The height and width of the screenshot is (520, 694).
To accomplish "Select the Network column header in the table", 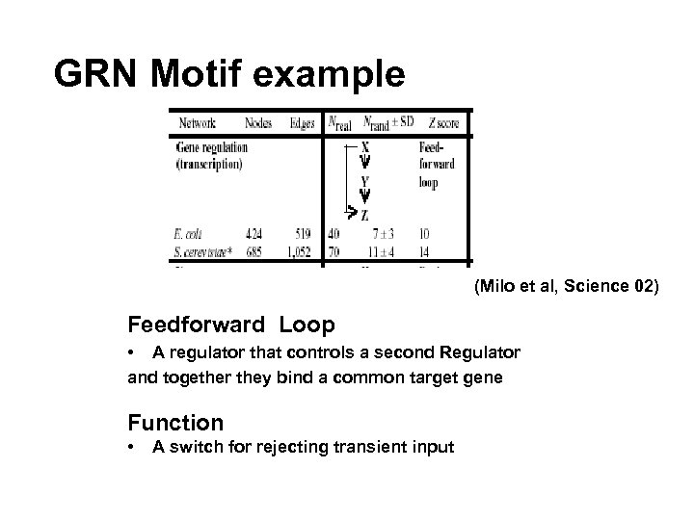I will click(197, 122).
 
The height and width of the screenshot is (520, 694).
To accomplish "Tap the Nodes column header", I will click(258, 122).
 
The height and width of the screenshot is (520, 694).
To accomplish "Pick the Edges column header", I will click(302, 122).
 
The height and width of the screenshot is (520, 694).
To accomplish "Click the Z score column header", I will click(439, 122).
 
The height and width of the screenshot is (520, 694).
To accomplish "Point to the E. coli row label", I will click(190, 232).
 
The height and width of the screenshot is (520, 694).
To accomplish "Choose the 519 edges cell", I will click(305, 232).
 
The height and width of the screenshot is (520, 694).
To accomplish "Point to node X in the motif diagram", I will click(363, 147).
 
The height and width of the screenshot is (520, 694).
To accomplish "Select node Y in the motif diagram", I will click(363, 180).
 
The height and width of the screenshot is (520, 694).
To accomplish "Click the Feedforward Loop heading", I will click(231, 325).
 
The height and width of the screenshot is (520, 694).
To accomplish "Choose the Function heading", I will click(175, 422).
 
